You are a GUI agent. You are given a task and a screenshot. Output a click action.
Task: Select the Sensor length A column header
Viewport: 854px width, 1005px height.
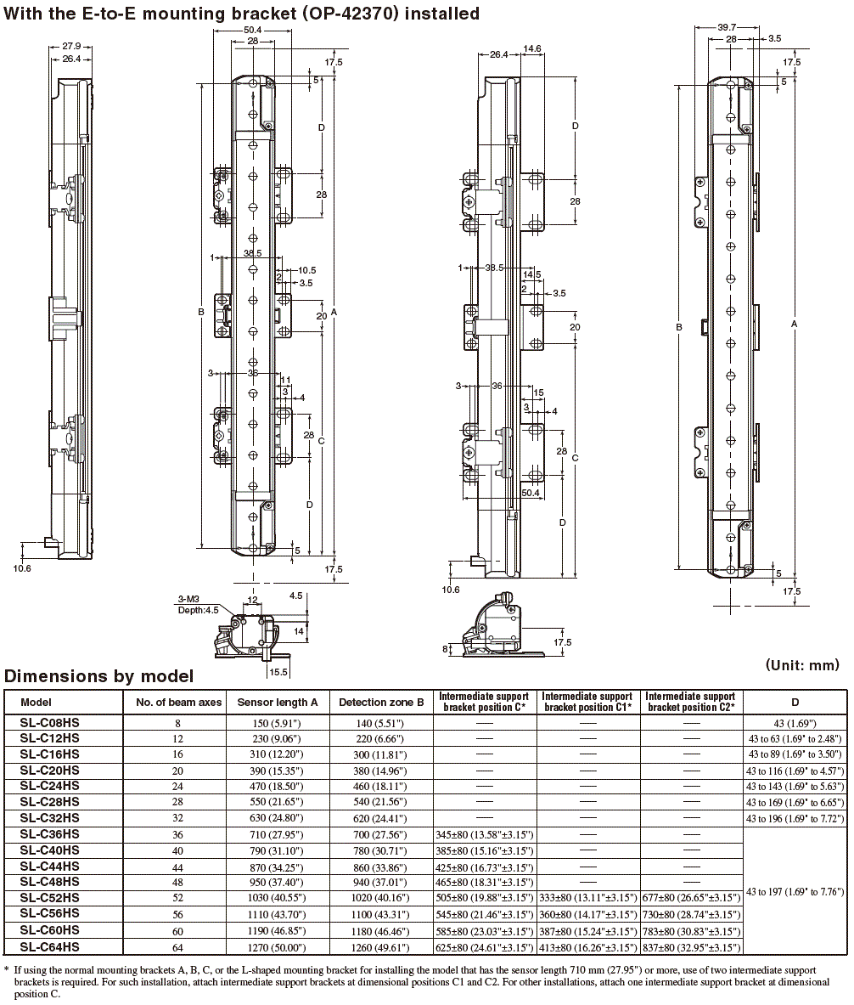point(278,702)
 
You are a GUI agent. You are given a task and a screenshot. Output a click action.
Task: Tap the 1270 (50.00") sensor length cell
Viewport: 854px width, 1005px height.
point(278,947)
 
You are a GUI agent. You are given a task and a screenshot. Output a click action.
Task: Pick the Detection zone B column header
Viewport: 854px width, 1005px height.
point(381,702)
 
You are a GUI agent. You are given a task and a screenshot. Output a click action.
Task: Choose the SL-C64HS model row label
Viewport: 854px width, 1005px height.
point(49,947)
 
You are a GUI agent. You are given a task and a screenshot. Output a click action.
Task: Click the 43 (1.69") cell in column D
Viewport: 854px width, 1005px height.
point(795,722)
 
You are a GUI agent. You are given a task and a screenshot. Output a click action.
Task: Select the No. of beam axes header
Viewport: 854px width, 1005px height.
point(178,702)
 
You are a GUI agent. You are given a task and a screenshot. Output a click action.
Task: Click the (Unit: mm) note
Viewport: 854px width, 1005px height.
point(801,664)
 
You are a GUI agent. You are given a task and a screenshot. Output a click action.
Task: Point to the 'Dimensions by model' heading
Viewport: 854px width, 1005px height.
point(98,676)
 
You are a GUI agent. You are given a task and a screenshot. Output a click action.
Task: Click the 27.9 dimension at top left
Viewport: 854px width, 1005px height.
point(71,46)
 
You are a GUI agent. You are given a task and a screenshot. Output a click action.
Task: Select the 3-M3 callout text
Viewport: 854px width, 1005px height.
point(188,599)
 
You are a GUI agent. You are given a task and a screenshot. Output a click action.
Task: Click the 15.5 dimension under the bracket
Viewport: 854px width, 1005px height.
point(278,671)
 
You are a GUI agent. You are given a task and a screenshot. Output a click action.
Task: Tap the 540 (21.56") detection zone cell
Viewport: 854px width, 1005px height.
point(381,802)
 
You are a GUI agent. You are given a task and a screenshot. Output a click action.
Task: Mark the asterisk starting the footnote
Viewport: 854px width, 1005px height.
point(6,969)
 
